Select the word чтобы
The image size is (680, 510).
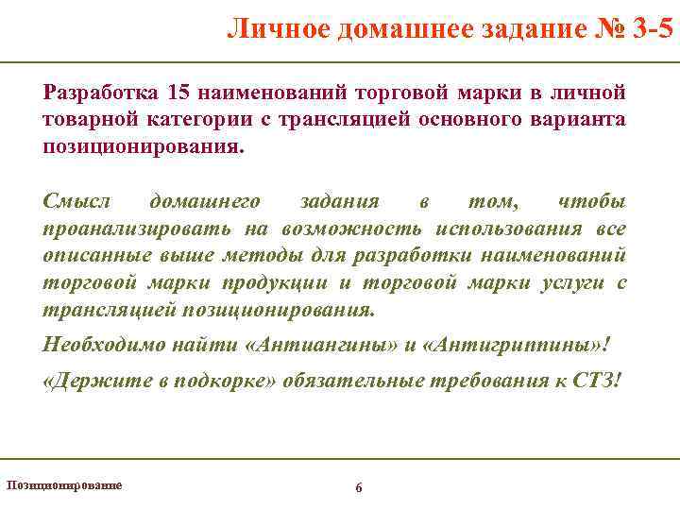pos(592,202)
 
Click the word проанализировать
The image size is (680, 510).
pos(135,229)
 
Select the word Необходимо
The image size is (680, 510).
pos(105,345)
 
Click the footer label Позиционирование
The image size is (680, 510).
pos(64,484)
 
